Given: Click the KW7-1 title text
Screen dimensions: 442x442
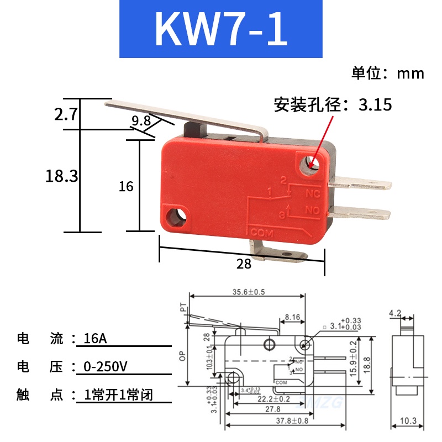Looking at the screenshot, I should pos(221,29).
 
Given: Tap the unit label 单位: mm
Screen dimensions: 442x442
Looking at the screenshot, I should pos(387,73).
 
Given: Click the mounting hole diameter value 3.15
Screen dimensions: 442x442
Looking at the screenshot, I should pos(375,104).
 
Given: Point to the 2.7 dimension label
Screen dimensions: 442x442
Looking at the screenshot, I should pos(65,115).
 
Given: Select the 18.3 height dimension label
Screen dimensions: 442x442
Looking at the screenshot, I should pos(61,176).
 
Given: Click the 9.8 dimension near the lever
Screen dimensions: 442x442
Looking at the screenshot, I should pos(141,120).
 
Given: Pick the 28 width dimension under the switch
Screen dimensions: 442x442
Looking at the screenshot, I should pos(244,264).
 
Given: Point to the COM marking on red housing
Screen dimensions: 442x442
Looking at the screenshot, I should pos(262,231).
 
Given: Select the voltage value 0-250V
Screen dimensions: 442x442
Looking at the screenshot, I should pos(106,366).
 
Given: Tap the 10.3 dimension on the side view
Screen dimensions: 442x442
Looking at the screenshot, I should pos(408,422).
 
